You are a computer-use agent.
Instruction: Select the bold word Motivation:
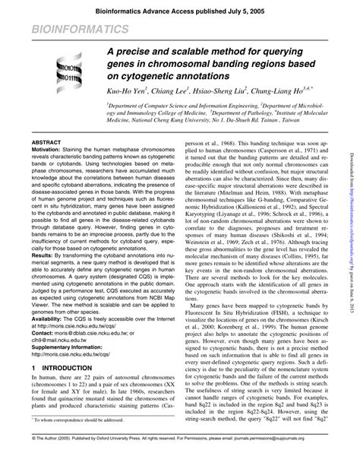point(47,151)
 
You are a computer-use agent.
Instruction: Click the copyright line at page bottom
point(179,460)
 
